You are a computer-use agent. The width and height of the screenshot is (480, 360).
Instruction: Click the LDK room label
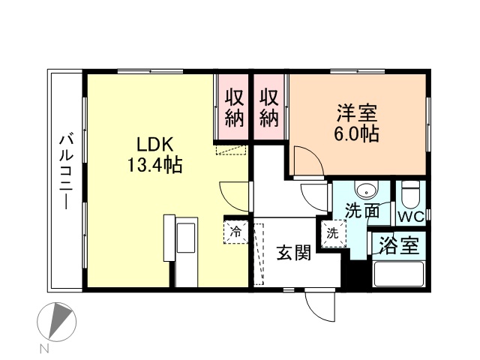click(x=155, y=145)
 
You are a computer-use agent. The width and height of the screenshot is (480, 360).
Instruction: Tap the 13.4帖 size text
click(x=155, y=165)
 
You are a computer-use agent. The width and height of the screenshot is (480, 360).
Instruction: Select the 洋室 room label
click(x=357, y=113)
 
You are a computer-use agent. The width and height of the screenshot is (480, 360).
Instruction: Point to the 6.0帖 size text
click(x=357, y=133)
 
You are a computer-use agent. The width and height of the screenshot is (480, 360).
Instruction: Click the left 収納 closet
click(x=235, y=108)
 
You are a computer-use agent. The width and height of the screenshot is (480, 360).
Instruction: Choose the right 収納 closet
click(x=269, y=108)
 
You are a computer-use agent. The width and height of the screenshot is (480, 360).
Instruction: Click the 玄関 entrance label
click(x=294, y=253)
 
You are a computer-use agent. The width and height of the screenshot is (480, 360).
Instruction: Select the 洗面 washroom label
click(x=362, y=211)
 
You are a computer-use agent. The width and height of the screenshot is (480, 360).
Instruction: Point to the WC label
click(x=411, y=217)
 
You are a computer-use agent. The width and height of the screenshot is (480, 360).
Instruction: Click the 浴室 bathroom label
click(x=399, y=246)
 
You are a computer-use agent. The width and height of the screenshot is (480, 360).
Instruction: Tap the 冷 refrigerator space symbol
click(x=235, y=232)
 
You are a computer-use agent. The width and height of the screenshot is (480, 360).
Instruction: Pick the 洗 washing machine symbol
click(x=333, y=233)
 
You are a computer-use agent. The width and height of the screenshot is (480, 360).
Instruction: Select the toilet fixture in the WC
click(x=410, y=195)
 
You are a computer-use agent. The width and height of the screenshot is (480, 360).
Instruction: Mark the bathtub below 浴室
click(x=398, y=274)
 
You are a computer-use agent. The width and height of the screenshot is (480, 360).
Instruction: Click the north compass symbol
click(x=57, y=322)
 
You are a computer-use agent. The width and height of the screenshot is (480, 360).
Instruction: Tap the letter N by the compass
click(x=45, y=349)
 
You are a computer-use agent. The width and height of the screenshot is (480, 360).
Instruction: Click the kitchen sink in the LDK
click(x=186, y=238)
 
